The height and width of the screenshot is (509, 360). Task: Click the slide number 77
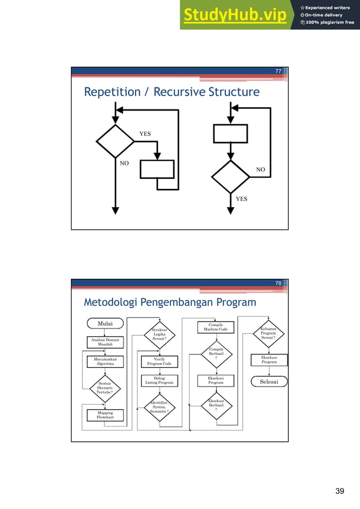(x=278, y=71)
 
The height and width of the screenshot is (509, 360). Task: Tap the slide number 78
(x=278, y=283)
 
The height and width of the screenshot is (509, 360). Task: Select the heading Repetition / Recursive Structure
(x=172, y=92)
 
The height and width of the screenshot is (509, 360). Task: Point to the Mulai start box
(x=106, y=324)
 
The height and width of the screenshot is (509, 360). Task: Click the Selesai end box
(x=269, y=382)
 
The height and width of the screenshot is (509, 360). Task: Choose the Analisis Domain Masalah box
(x=106, y=342)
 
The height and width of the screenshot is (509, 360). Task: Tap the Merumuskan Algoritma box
(x=106, y=362)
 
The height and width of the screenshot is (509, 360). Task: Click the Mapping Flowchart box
(x=106, y=415)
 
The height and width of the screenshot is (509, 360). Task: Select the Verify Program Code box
(x=160, y=362)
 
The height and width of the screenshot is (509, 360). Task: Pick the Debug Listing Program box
(x=160, y=381)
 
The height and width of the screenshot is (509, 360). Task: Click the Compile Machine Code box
(x=216, y=327)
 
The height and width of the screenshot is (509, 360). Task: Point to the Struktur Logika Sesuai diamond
(x=160, y=335)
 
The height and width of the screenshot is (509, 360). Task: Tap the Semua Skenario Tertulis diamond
(x=106, y=388)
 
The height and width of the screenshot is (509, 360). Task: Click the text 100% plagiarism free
(x=327, y=23)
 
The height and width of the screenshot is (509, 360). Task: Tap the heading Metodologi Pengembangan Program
(x=170, y=303)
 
